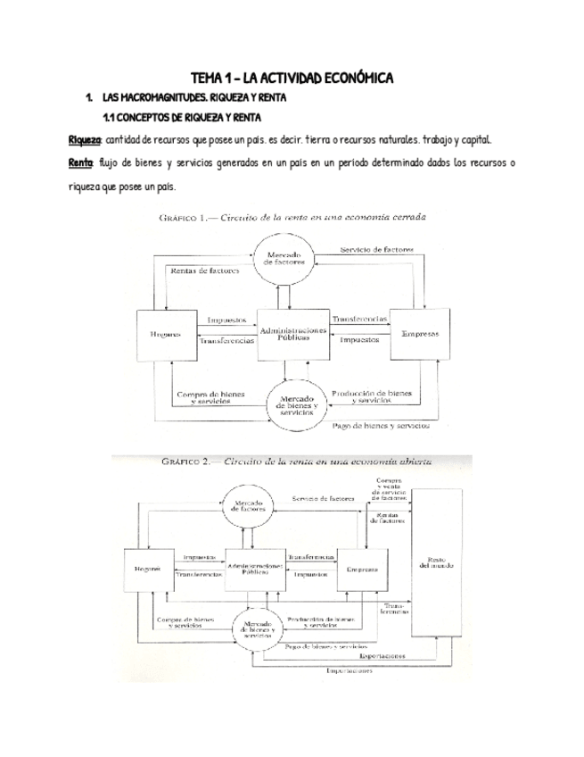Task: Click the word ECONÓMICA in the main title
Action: click(347, 79)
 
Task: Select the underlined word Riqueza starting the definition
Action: click(86, 141)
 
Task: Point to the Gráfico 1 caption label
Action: click(185, 217)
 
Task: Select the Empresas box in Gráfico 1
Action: click(419, 334)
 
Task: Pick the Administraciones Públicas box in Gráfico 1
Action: click(293, 334)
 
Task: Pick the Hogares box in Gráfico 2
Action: click(146, 569)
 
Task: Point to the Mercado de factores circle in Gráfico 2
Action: click(253, 507)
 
